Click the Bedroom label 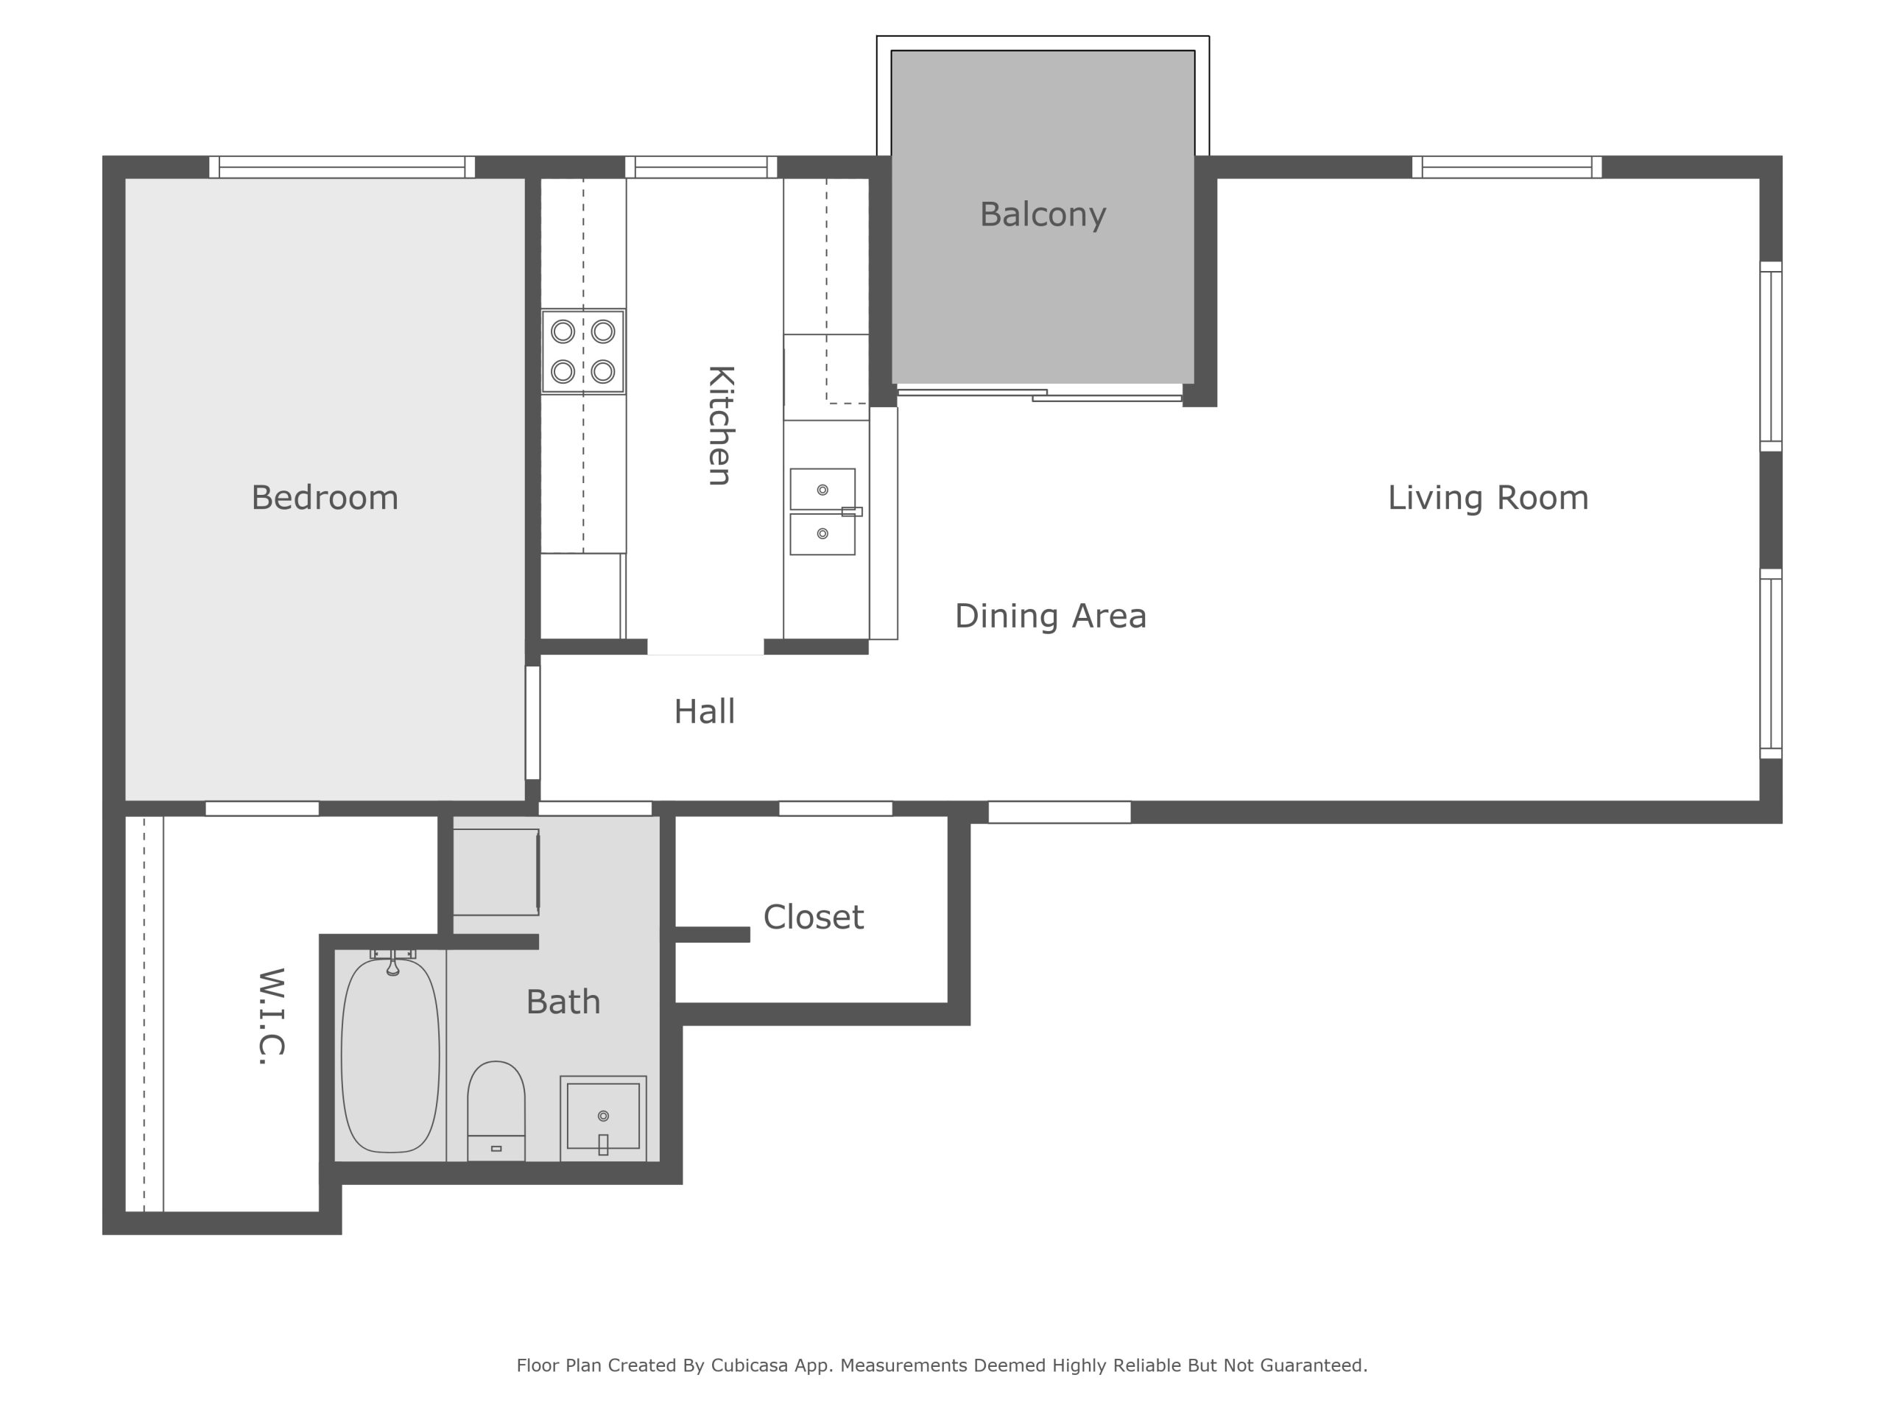pos(325,498)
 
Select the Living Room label pos(1488,498)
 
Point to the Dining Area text pos(1050,616)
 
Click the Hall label pos(704,711)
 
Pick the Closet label pos(813,917)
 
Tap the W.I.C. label pos(271,1016)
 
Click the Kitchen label pos(721,426)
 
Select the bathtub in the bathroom pos(390,1055)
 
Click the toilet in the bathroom pos(496,1111)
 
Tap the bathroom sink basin pos(603,1116)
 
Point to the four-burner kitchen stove pos(583,351)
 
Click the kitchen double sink pos(823,511)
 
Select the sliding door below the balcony pos(1040,395)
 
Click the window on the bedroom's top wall pos(342,167)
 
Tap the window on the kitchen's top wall pos(701,167)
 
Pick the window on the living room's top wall pos(1507,167)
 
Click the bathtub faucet pos(393,963)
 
